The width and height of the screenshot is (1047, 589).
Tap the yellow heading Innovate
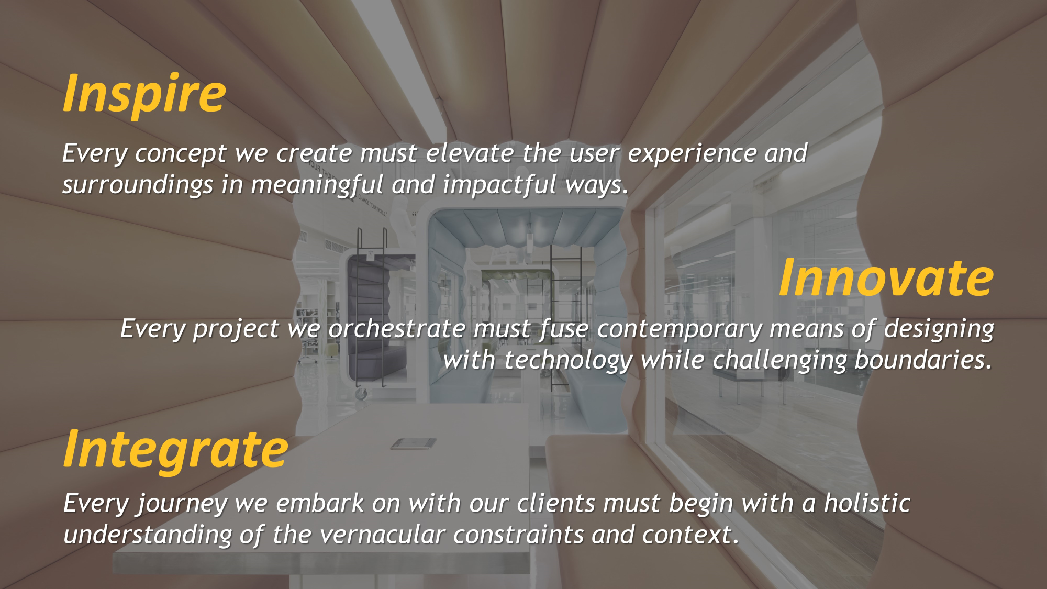point(886,278)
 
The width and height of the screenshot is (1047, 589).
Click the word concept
point(181,154)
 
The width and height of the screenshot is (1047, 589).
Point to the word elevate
point(470,153)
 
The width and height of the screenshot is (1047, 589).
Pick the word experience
point(692,154)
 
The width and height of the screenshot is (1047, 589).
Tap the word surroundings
point(138,185)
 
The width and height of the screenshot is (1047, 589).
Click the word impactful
point(499,184)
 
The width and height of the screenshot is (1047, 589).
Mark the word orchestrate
point(397,329)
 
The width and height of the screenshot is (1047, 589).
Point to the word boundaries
point(922,360)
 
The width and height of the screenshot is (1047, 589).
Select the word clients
point(556,504)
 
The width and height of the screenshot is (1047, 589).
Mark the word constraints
point(518,535)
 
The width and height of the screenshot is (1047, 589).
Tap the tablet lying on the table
point(414,444)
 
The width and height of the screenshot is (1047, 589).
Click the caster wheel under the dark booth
point(361,393)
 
